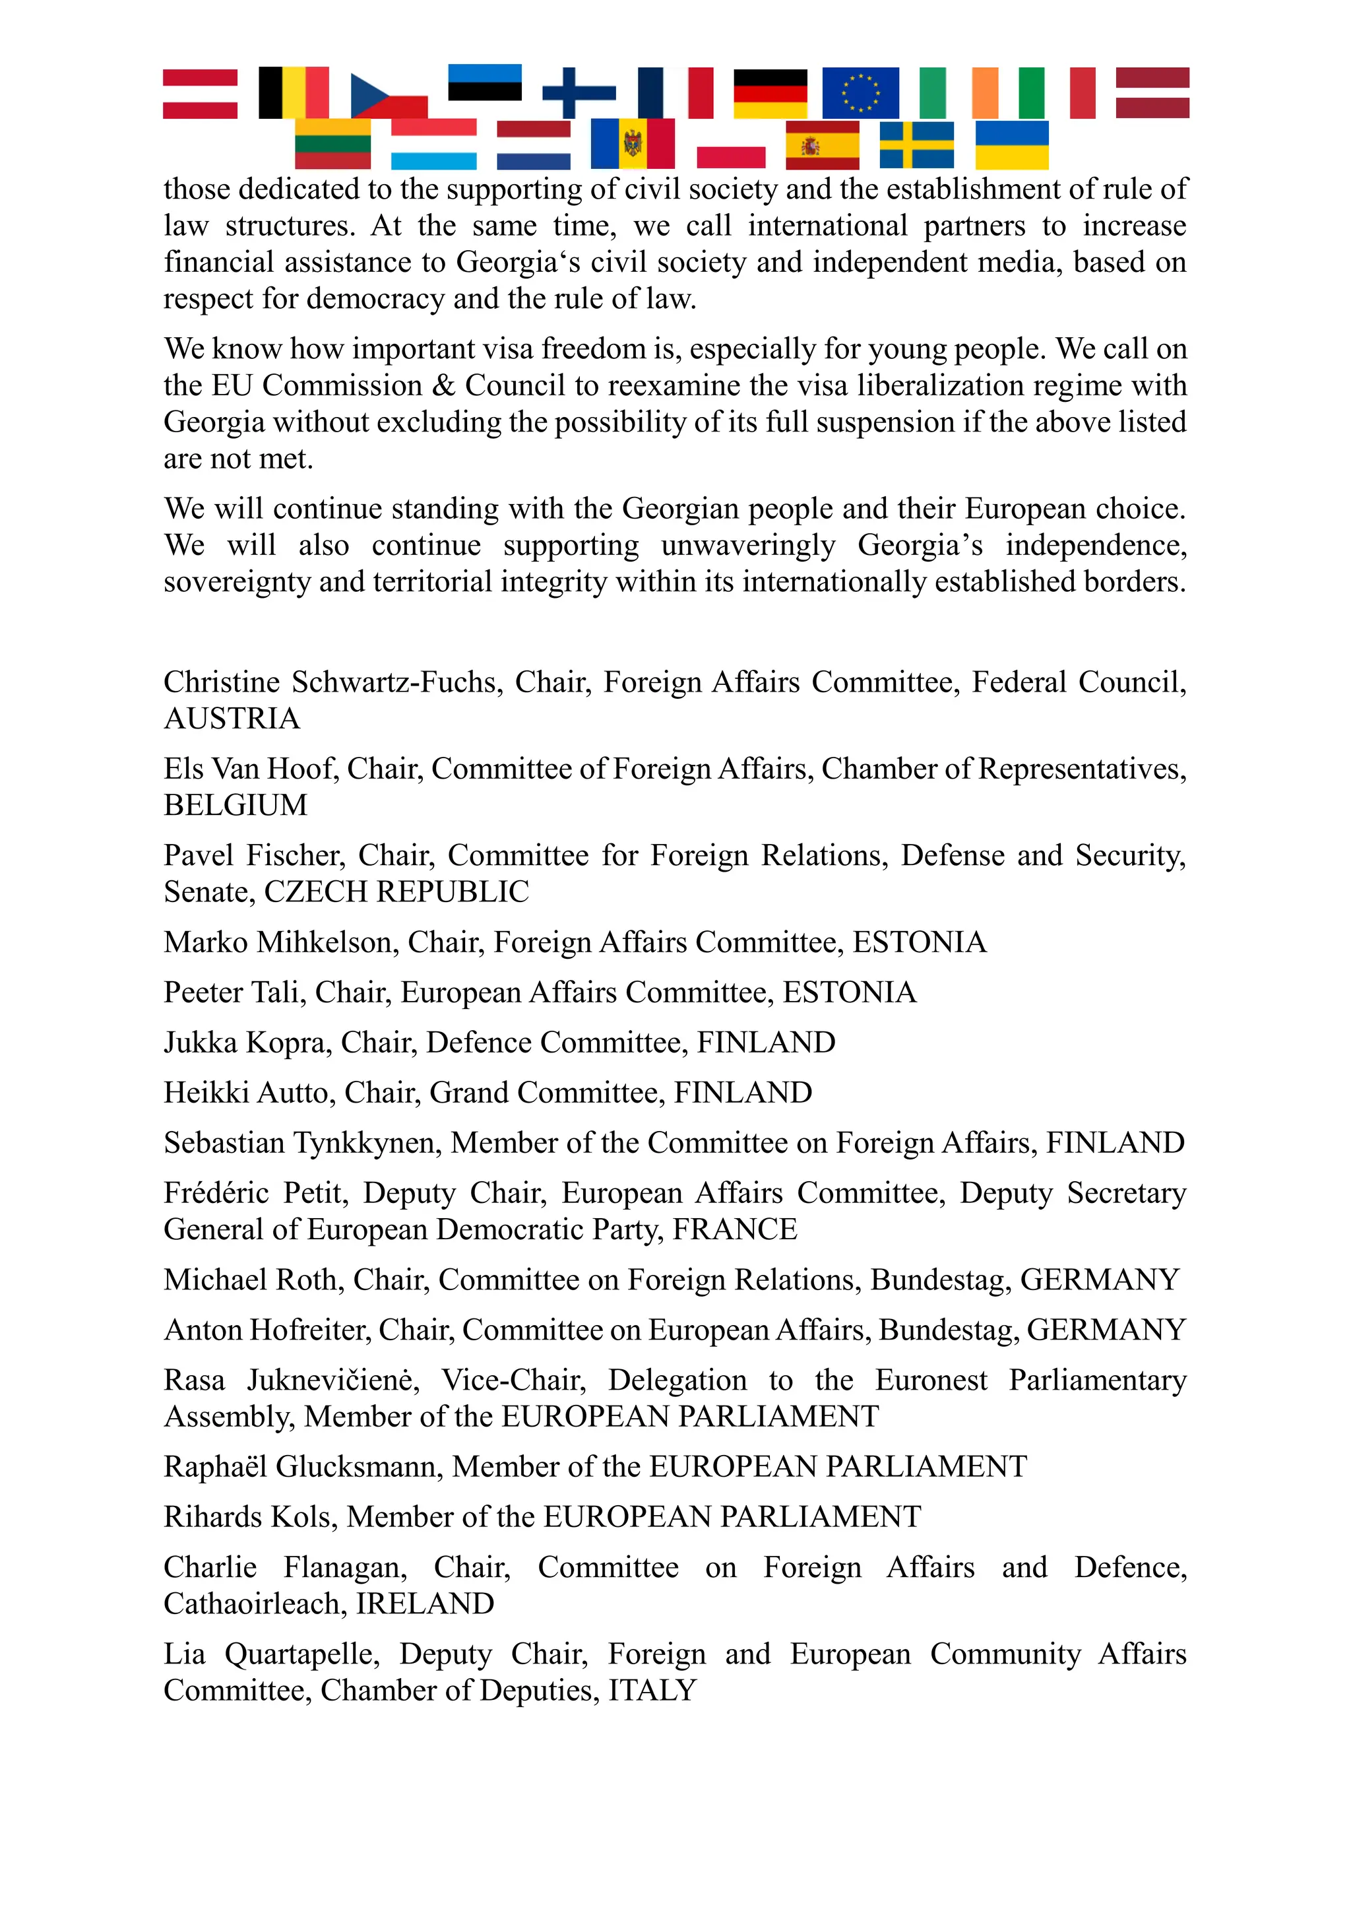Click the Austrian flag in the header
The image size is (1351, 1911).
[200, 93]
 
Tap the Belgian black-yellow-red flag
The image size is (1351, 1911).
[293, 92]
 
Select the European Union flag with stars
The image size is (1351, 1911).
[860, 92]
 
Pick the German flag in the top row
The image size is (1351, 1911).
[770, 93]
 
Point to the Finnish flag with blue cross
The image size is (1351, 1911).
[579, 92]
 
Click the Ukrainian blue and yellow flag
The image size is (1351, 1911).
[1011, 146]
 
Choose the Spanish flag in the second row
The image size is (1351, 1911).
[822, 146]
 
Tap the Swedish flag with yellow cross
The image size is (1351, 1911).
[917, 146]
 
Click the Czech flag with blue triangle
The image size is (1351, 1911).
[389, 96]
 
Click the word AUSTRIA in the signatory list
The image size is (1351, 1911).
[232, 719]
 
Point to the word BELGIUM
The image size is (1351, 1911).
[236, 806]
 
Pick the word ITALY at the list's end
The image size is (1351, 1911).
[652, 1691]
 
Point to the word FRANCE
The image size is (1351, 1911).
[735, 1229]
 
